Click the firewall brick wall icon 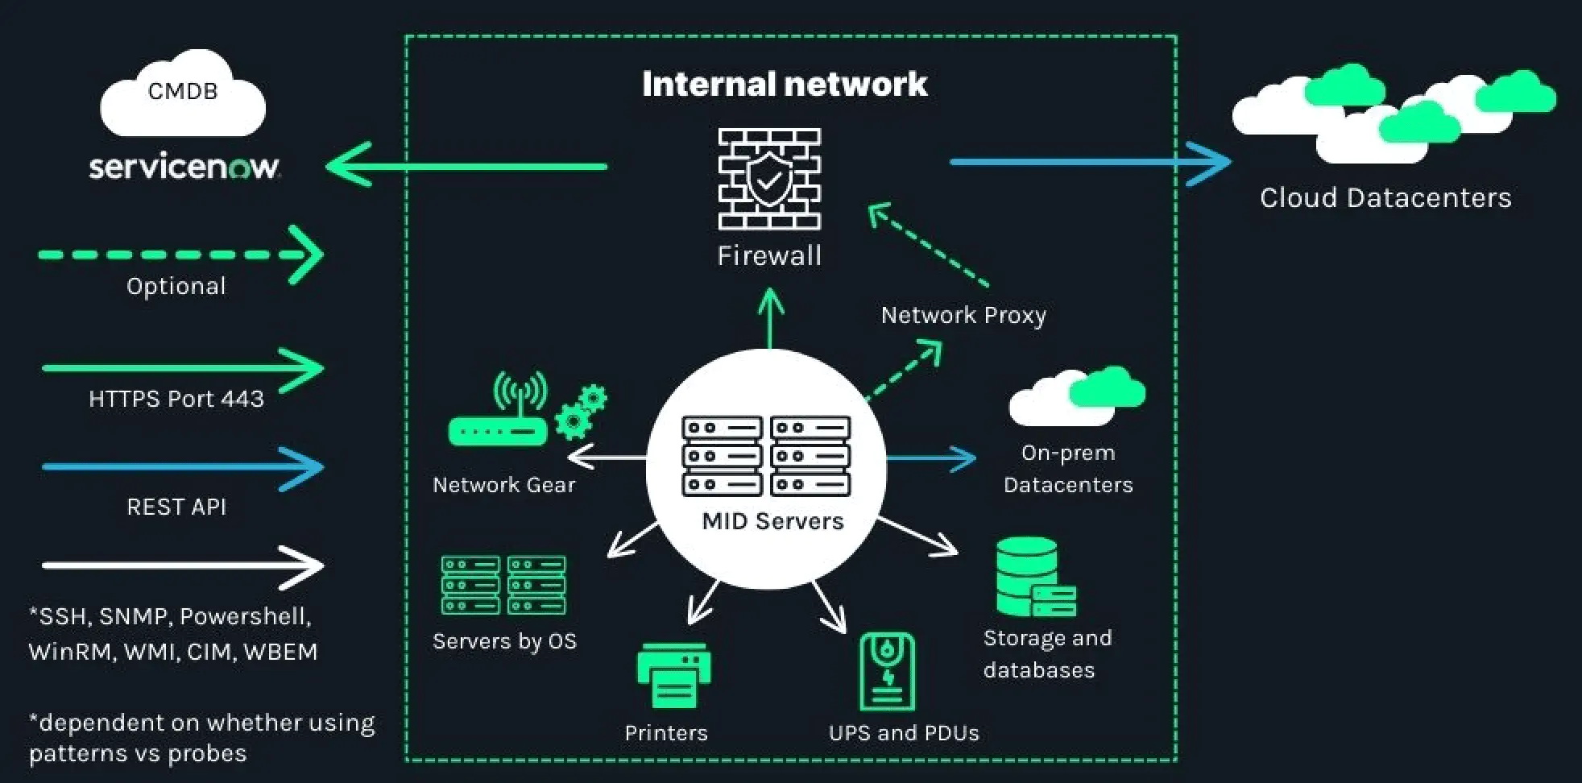(x=769, y=179)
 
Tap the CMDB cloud (x=183, y=94)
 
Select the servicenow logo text (x=184, y=167)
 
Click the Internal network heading (x=785, y=85)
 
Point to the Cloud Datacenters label (x=1385, y=198)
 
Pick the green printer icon (x=673, y=676)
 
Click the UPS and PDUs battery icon (x=888, y=671)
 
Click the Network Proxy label (x=963, y=315)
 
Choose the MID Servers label (x=772, y=521)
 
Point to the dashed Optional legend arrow (x=180, y=255)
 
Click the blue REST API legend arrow (x=183, y=467)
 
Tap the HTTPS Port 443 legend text (x=176, y=399)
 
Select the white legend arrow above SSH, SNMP (x=183, y=565)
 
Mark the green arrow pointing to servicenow (x=467, y=167)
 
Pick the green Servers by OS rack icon (x=503, y=586)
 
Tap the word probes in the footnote (x=207, y=754)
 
